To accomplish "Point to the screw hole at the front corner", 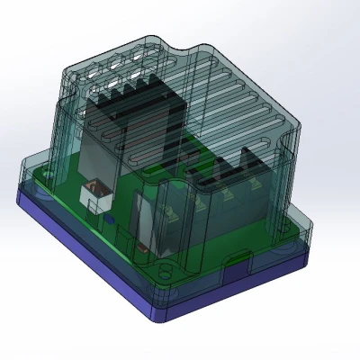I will (x=164, y=267).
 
